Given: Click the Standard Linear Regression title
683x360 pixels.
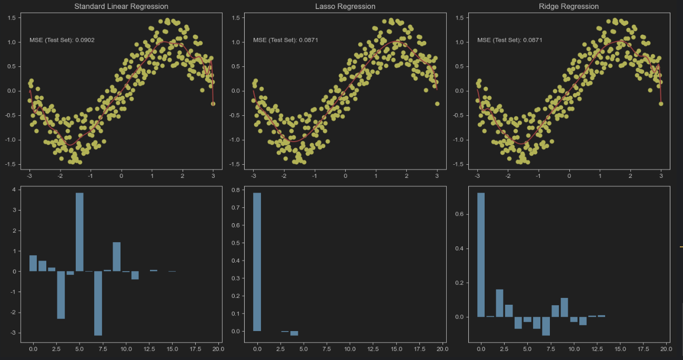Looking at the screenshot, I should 121,6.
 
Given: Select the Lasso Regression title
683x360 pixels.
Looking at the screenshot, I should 345,6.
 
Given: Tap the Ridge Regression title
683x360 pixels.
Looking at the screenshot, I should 569,6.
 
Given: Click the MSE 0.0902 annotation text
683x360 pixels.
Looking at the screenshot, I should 62,40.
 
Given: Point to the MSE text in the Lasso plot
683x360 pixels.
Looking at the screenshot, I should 286,40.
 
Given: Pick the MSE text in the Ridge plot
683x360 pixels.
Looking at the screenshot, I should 510,40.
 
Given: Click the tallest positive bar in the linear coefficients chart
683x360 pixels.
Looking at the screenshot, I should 79,232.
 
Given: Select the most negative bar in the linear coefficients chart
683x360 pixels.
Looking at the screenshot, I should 98,303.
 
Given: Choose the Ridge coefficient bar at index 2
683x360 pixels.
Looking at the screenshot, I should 499,303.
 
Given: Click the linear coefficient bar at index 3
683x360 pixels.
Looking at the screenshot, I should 61,295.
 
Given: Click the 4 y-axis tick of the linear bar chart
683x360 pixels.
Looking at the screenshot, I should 16,190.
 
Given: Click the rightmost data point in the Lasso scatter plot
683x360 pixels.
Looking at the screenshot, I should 437,104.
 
